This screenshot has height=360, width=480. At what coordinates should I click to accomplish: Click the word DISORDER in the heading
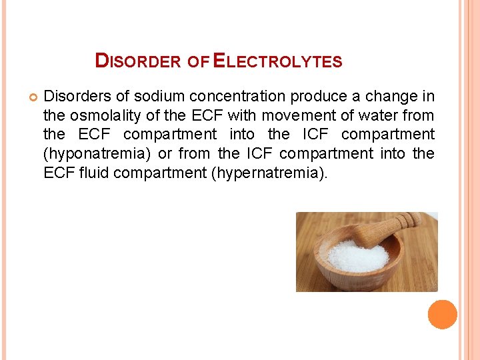click(x=138, y=61)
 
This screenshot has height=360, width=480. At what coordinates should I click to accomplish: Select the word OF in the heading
click(x=198, y=62)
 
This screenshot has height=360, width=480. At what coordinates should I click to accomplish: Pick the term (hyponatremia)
click(x=97, y=154)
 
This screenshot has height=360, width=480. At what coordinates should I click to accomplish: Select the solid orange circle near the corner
click(x=443, y=314)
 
